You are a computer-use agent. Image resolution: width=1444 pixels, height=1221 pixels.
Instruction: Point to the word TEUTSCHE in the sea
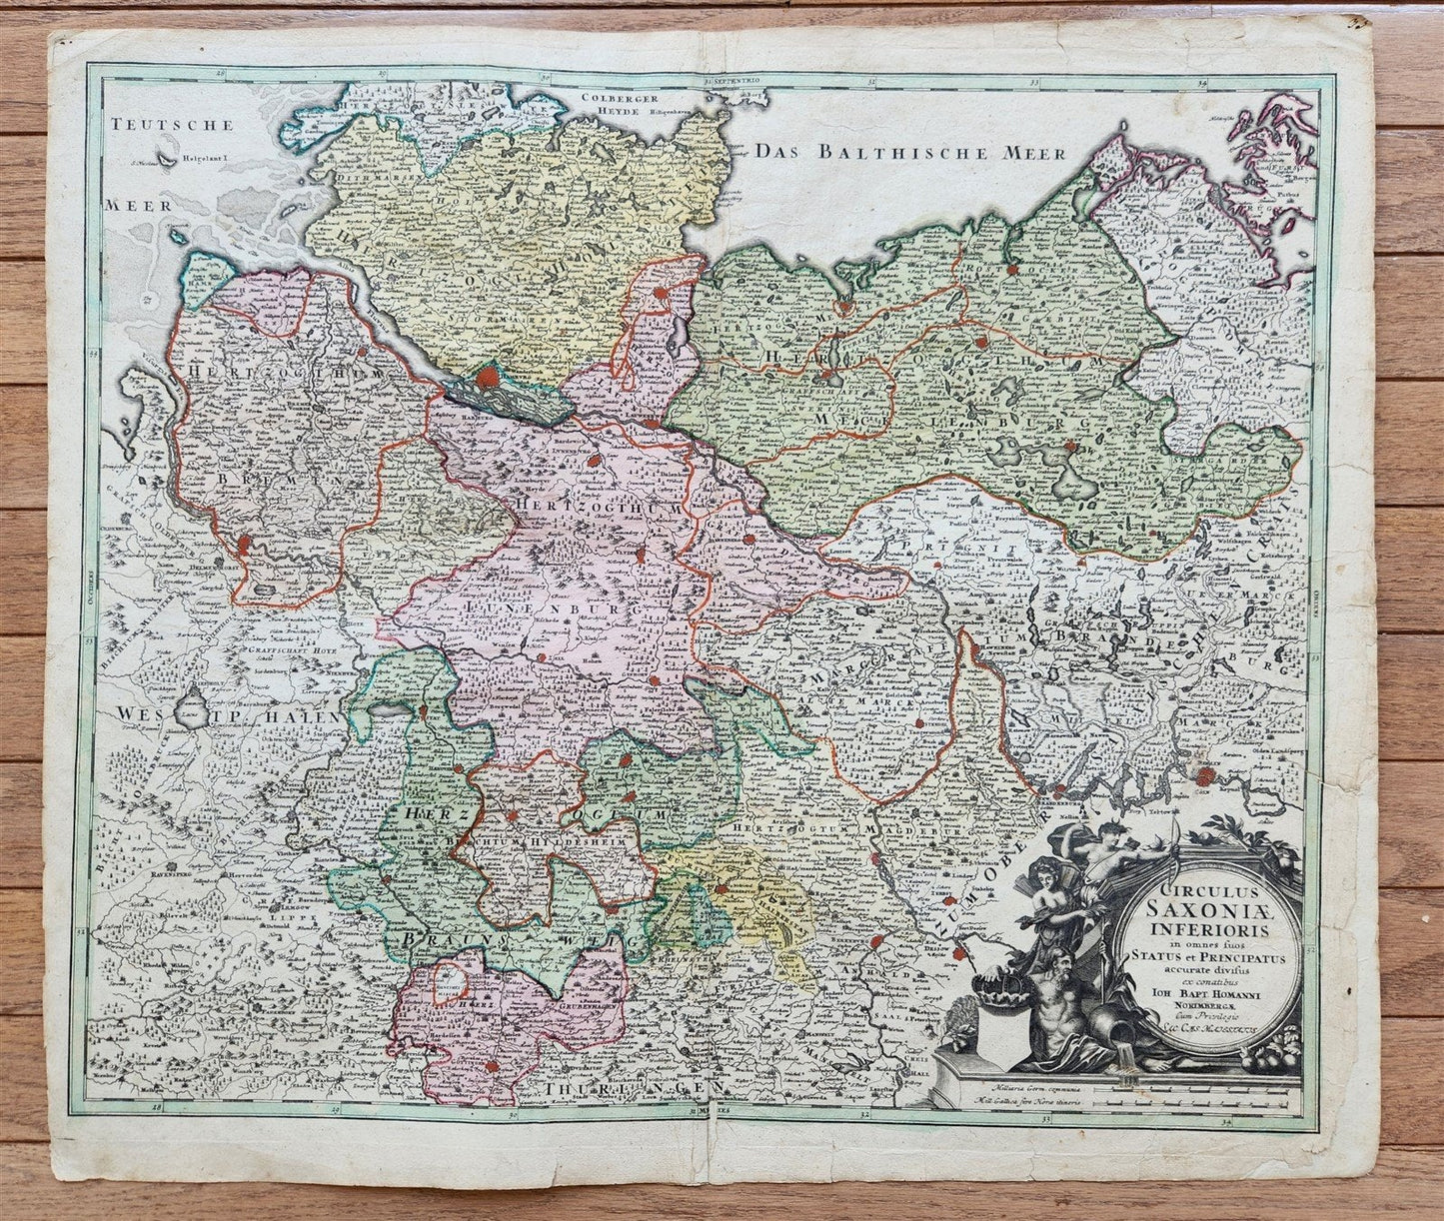172,126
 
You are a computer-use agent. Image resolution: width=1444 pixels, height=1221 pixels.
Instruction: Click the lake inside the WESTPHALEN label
188,713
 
